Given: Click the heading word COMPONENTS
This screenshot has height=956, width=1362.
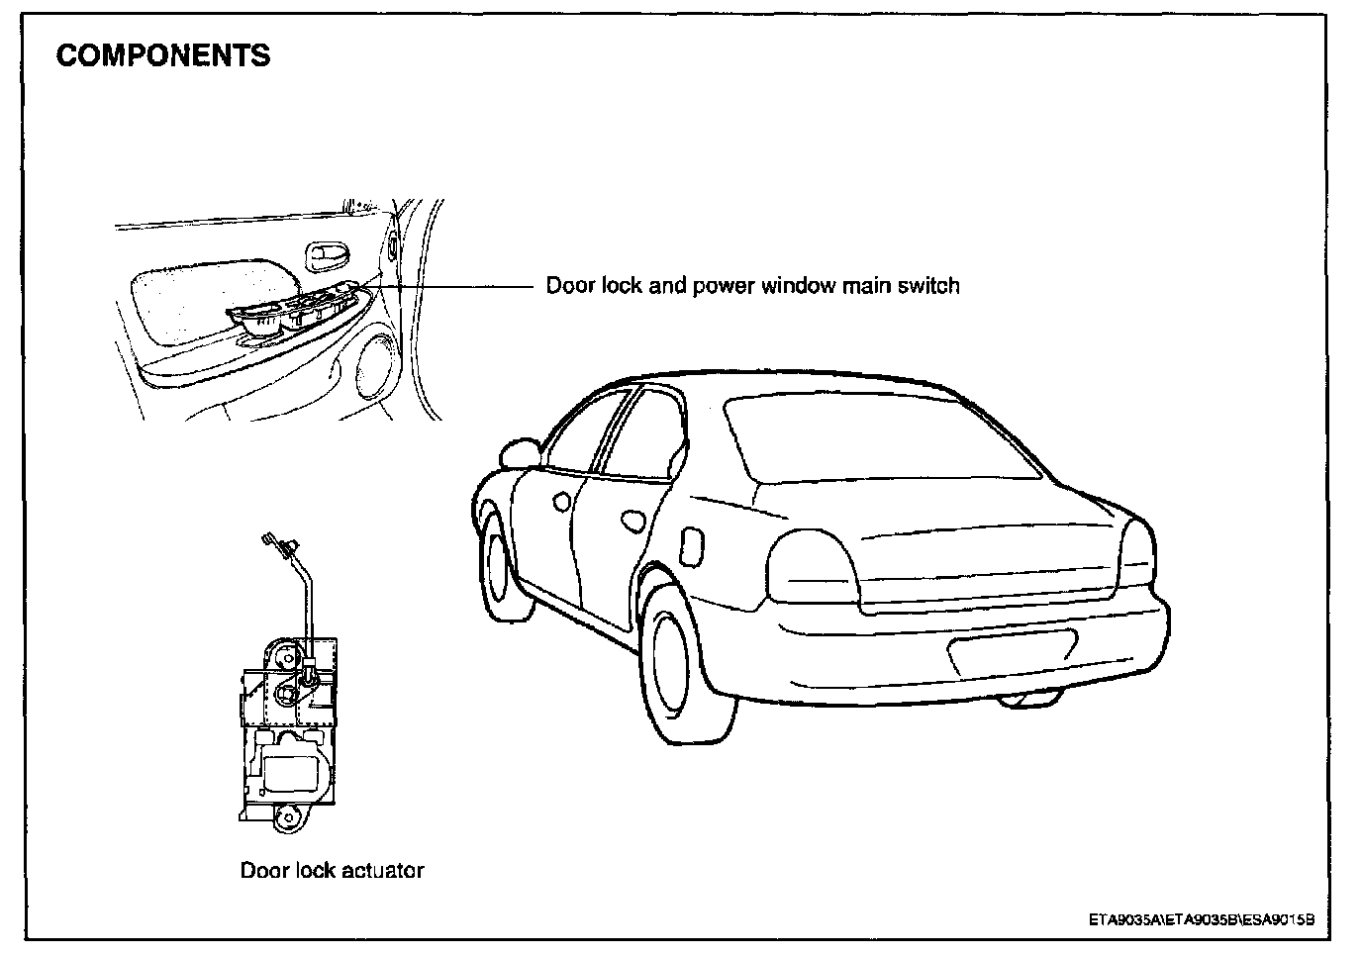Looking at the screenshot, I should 163,55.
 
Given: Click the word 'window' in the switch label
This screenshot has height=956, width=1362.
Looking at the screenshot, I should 797,286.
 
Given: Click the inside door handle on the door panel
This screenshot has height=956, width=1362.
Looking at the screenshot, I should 326,256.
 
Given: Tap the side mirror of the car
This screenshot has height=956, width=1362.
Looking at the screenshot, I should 519,453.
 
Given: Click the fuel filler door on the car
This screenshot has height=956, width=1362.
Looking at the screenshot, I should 691,542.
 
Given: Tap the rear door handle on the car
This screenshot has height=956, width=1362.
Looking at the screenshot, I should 631,519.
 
